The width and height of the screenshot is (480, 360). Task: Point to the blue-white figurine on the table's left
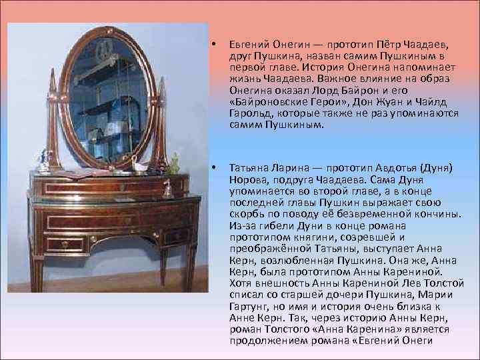pyautogui.click(x=45, y=159)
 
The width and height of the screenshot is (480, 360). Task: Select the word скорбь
pyautogui.click(x=245, y=214)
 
